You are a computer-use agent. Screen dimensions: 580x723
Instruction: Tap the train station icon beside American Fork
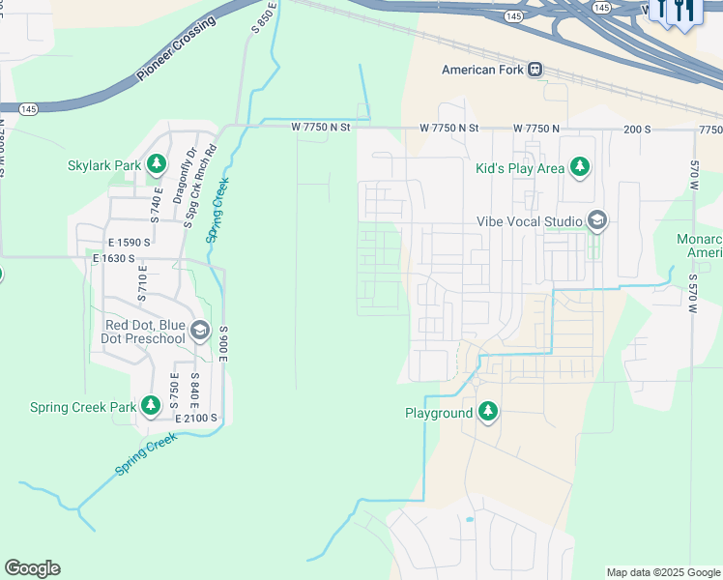pyautogui.click(x=535, y=70)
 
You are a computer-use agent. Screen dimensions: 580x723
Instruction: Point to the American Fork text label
pyautogui.click(x=482, y=70)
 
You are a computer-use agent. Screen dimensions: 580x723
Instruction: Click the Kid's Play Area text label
pyautogui.click(x=520, y=168)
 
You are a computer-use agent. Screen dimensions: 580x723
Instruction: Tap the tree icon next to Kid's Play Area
pyautogui.click(x=580, y=168)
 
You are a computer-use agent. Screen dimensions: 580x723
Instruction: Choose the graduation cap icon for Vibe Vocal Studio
pyautogui.click(x=596, y=221)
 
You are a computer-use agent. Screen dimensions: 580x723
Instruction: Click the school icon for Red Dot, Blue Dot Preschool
pyautogui.click(x=200, y=333)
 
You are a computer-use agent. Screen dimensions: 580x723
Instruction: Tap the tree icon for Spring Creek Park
pyautogui.click(x=151, y=407)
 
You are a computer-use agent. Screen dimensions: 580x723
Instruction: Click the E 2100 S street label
pyautogui.click(x=196, y=419)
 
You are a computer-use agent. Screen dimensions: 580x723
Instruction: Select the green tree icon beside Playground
pyautogui.click(x=488, y=413)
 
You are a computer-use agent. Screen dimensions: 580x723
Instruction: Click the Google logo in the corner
pyautogui.click(x=32, y=568)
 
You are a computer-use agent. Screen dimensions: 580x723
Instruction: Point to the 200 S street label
pyautogui.click(x=639, y=129)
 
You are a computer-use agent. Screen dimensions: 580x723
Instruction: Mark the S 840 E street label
pyautogui.click(x=195, y=389)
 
